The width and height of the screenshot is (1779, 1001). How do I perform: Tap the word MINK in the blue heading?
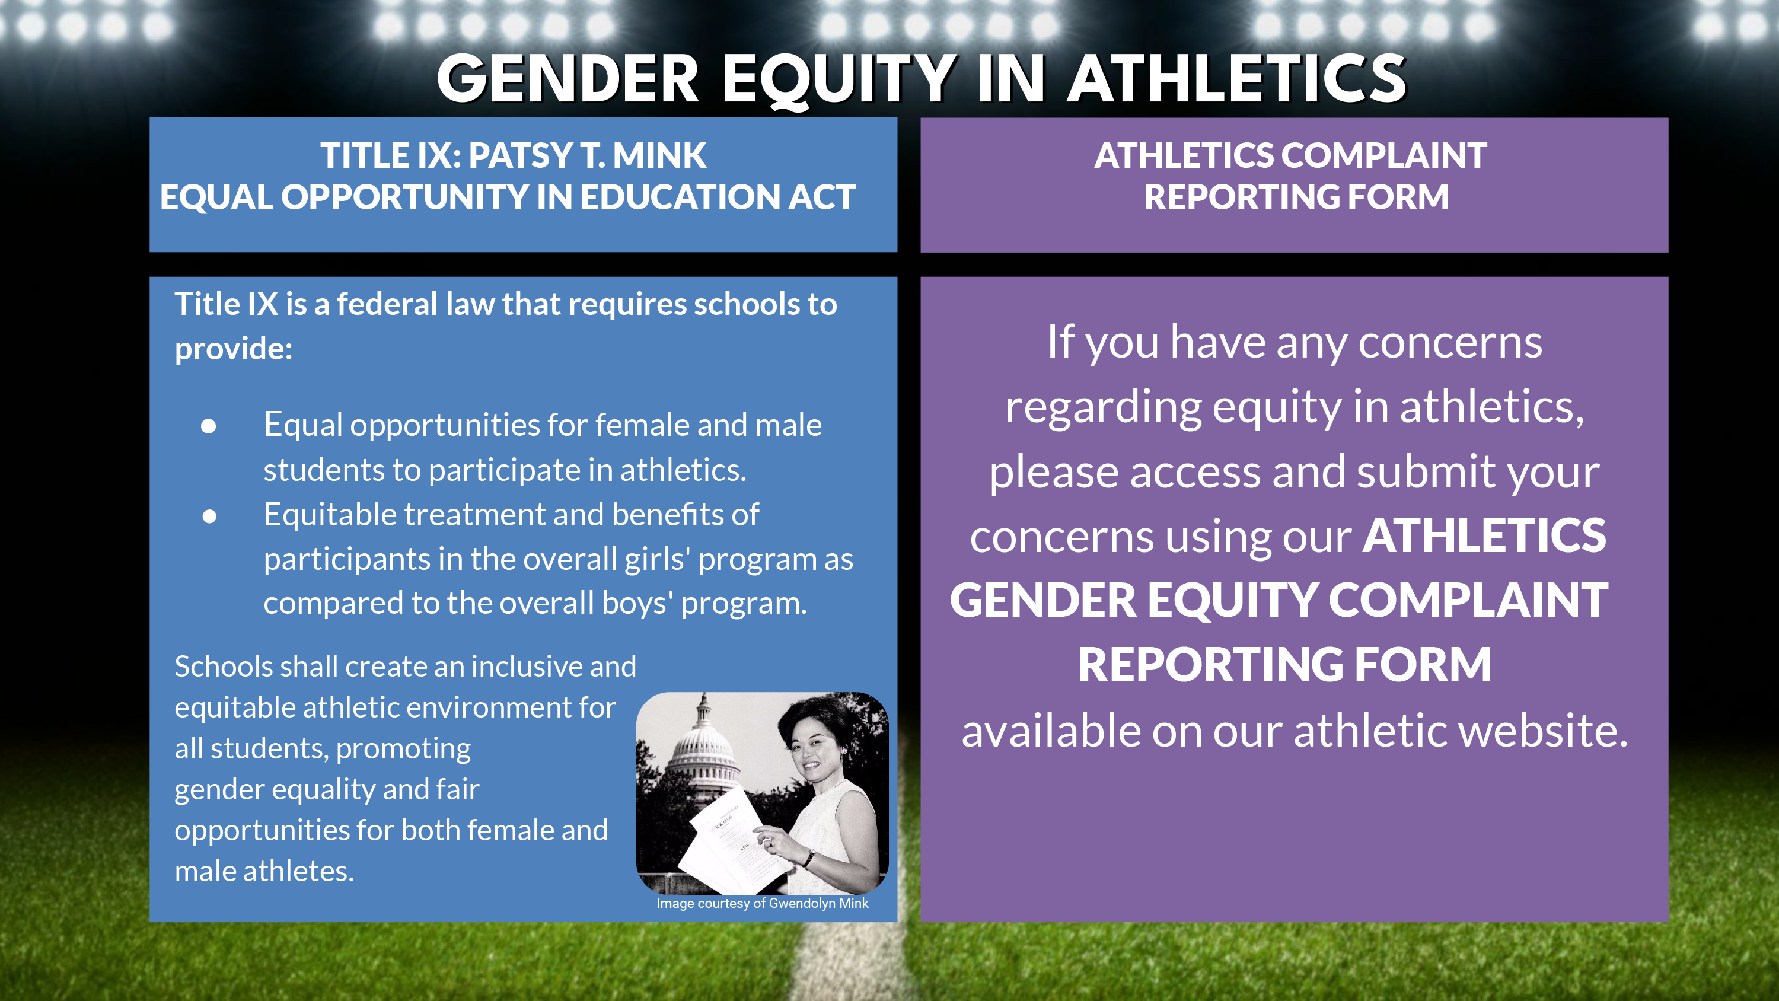659,155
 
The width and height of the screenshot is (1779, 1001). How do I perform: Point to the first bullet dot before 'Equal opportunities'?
209,426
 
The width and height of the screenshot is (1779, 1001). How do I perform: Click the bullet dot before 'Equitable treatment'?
209,516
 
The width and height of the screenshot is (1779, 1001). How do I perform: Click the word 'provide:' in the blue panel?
234,349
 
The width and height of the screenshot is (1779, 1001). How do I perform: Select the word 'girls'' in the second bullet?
658,560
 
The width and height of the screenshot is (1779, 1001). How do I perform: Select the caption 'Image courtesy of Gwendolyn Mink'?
763,903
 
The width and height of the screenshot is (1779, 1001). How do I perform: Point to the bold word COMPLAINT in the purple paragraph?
1468,600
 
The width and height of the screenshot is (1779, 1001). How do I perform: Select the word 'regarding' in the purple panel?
1103,407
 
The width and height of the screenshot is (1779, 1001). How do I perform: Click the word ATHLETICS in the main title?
1237,79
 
